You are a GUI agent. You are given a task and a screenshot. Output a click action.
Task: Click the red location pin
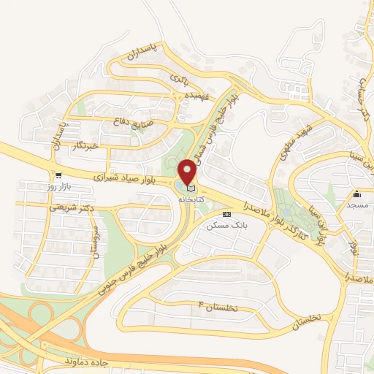coord(188,170)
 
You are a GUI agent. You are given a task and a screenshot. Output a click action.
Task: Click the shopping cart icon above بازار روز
coord(56,175)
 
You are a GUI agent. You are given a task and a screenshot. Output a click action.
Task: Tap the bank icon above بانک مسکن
coord(226,214)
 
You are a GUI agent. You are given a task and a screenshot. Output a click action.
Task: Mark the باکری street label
coord(180,76)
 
